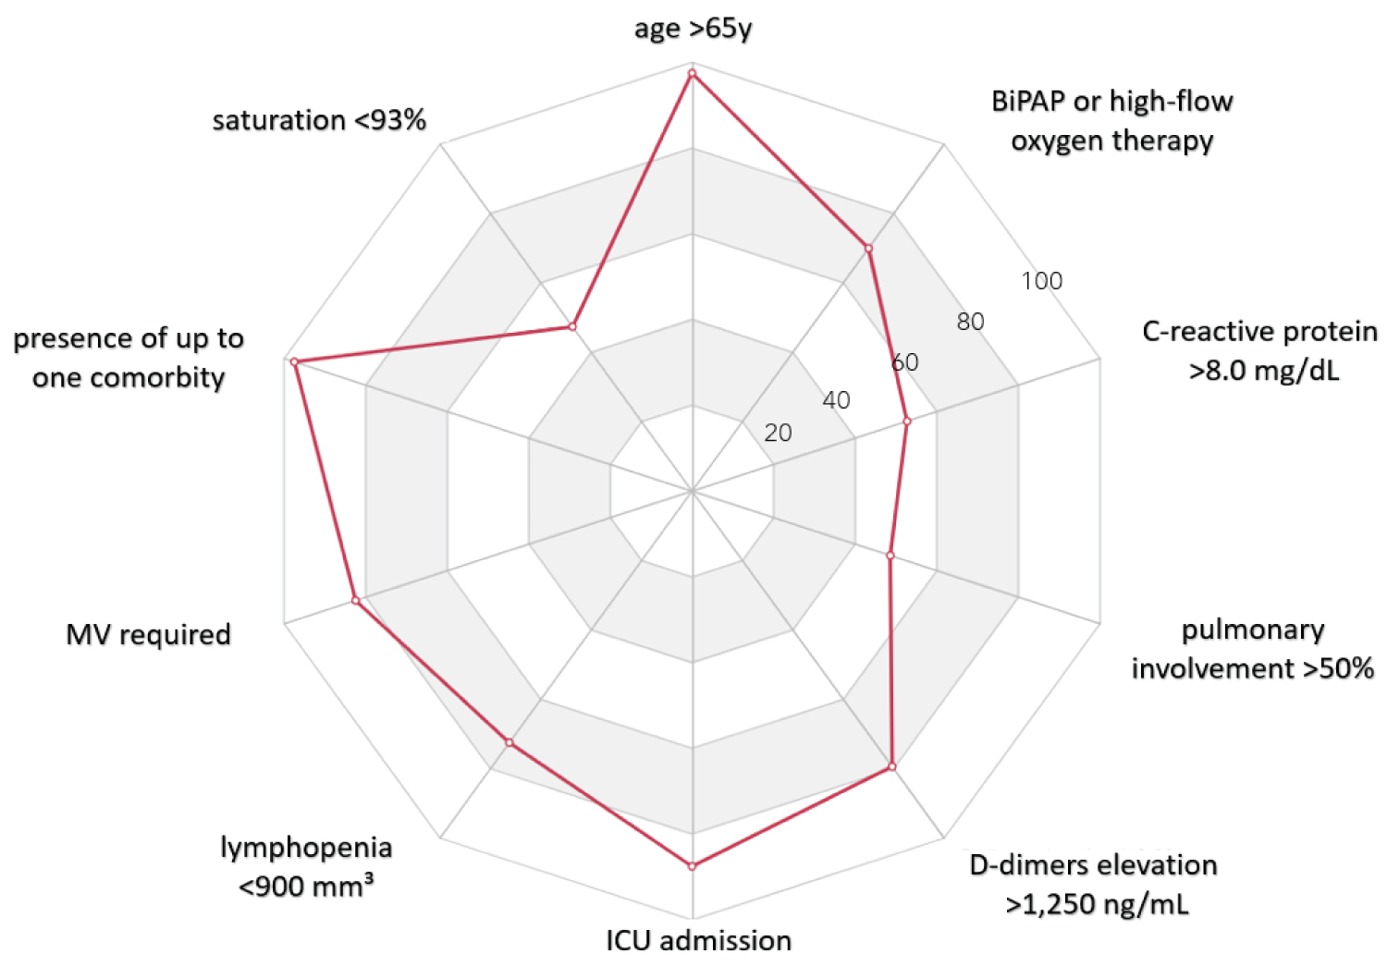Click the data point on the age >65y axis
(692, 71)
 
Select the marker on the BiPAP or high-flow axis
(868, 248)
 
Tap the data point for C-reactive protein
(907, 422)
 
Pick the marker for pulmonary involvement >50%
(890, 556)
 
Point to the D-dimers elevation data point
(892, 766)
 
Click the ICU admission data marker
(692, 866)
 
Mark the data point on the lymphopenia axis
(509, 742)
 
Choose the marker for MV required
(355, 601)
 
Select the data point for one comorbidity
(294, 361)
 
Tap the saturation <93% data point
(572, 326)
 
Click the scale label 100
(1041, 281)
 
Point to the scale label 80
(970, 322)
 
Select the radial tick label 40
(836, 400)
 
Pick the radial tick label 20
(778, 433)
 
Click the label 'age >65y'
(693, 29)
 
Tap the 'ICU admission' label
(698, 940)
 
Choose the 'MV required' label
(148, 634)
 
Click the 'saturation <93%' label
(319, 120)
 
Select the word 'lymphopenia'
(306, 847)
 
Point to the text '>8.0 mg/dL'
(1264, 371)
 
